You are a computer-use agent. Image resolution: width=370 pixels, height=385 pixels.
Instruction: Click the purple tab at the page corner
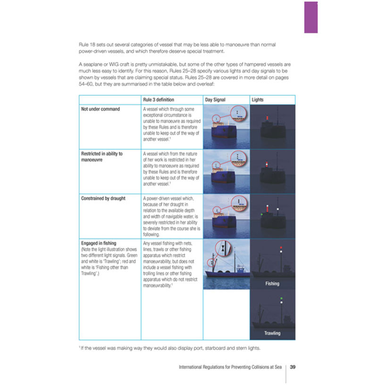pyautogui.click(x=311, y=17)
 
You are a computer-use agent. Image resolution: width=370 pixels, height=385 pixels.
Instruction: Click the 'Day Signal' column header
pyautogui.click(x=215, y=100)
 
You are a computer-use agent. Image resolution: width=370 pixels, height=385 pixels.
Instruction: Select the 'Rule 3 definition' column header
pyautogui.click(x=158, y=100)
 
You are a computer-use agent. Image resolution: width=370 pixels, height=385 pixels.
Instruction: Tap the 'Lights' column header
pyautogui.click(x=258, y=100)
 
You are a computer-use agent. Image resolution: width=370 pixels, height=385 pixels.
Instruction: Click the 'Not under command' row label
pyautogui.click(x=101, y=109)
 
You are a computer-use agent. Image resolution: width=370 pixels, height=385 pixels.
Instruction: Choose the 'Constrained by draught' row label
pyautogui.click(x=103, y=198)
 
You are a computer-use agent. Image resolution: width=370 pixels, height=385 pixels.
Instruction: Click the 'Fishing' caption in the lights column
pyautogui.click(x=272, y=284)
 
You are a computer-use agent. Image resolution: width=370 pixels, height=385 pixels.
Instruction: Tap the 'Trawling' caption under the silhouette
pyautogui.click(x=272, y=333)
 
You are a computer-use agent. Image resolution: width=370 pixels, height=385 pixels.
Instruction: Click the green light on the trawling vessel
pyautogui.click(x=282, y=298)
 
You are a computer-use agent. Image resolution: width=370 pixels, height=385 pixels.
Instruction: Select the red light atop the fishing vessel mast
pyautogui.click(x=282, y=248)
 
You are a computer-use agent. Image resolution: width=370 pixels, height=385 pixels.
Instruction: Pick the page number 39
pyautogui.click(x=293, y=367)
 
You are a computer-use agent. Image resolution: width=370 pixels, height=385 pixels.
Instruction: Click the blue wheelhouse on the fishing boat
pyautogui.click(x=241, y=270)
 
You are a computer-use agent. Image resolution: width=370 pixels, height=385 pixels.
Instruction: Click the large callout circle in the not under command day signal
pyautogui.click(x=237, y=114)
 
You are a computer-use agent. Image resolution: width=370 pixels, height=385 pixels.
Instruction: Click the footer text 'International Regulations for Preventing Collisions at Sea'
pyautogui.click(x=230, y=367)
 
